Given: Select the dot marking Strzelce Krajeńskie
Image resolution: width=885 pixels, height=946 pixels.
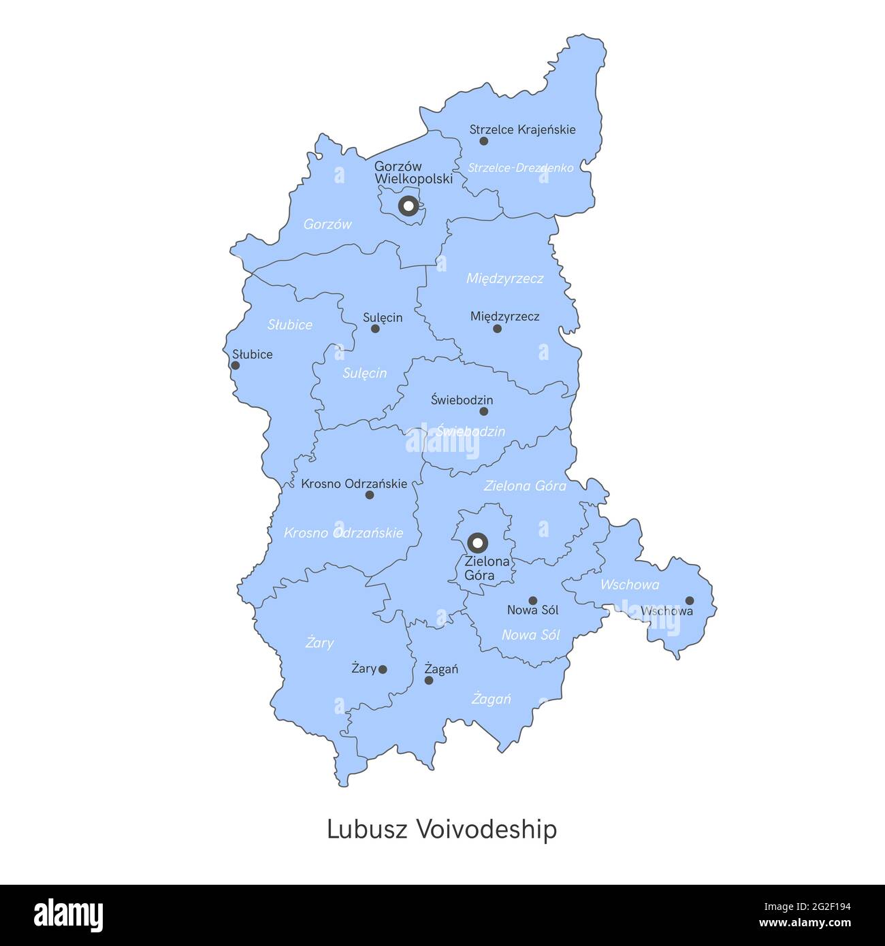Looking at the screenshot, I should pos(484,141).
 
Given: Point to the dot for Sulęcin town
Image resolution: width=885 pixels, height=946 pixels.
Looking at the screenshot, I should pos(375,329).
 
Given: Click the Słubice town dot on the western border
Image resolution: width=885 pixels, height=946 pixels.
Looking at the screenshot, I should pos(236,365).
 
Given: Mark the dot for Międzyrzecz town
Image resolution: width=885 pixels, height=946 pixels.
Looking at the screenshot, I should pos(497,329).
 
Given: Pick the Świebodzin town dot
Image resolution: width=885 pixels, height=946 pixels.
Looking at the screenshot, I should pos(484,411).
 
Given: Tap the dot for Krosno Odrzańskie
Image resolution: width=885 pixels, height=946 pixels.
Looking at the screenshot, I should pos(370,495).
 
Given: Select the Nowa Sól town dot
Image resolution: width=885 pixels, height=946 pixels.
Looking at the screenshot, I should pos(533,600).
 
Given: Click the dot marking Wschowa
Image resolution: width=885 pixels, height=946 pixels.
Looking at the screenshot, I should pos(690,600).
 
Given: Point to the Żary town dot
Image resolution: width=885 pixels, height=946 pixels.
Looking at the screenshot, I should pos(383,670).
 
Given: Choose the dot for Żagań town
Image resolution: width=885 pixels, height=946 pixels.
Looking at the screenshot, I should pos(429,680).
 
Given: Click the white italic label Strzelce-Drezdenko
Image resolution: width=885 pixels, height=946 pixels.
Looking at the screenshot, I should pos(520,167).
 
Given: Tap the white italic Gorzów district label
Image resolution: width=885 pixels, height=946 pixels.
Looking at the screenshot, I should pos(327,224).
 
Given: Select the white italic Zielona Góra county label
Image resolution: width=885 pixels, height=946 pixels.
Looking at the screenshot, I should pos(525,486).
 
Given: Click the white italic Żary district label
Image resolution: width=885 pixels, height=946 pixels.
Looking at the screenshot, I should pos(319,642).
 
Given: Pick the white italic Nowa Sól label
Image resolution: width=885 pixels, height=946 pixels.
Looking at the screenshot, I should pos(530,635).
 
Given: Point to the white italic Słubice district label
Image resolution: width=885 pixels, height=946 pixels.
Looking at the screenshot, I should pos(290,325).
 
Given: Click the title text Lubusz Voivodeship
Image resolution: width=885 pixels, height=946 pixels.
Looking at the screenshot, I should pos(442,830).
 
